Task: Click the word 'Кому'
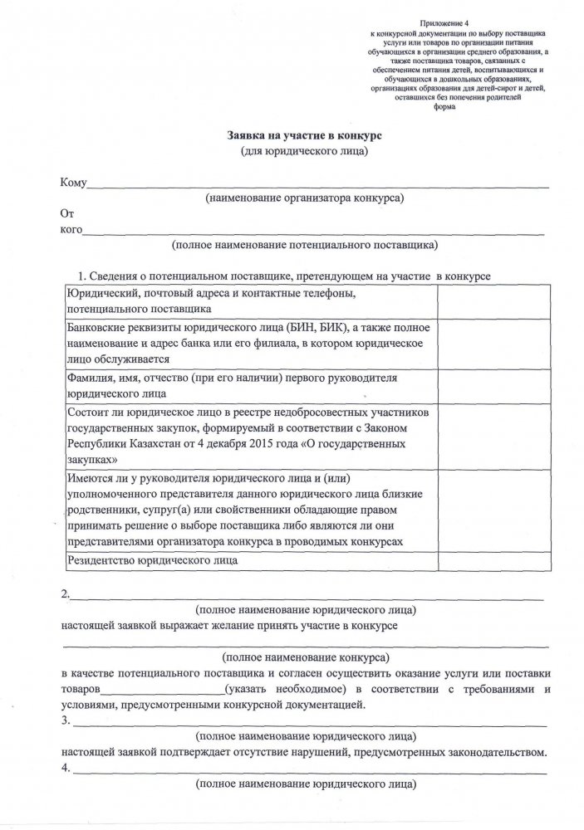click(x=74, y=183)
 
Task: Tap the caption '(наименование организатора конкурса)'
click(x=305, y=199)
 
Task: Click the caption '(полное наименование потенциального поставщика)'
click(x=305, y=246)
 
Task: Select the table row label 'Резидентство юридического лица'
click(x=153, y=561)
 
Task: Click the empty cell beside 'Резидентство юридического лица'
click(x=482, y=561)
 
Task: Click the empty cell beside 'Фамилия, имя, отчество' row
click(x=482, y=386)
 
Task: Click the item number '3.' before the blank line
click(x=66, y=721)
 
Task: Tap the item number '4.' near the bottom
click(x=66, y=769)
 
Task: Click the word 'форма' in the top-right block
click(x=445, y=116)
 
